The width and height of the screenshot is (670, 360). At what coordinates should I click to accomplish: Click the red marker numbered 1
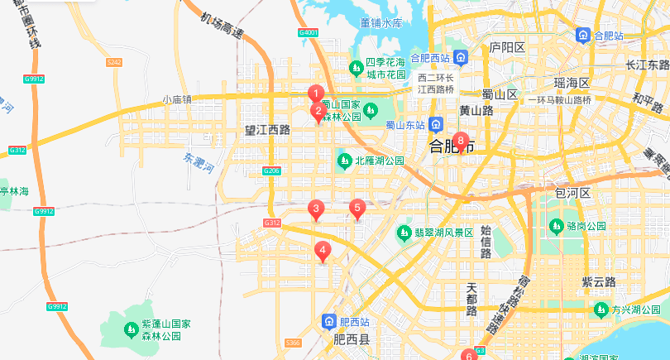pos(314,94)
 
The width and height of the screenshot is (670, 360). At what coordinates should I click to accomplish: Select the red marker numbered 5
pos(357,208)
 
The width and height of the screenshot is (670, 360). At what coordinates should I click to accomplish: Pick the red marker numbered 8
pos(461,142)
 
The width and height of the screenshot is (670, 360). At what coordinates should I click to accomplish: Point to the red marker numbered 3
pos(314,209)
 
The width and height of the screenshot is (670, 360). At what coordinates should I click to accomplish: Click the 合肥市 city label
pos(451,147)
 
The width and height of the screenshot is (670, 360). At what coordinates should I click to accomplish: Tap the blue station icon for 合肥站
pos(583,36)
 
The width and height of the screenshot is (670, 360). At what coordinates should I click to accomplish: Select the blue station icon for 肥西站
pos(328,321)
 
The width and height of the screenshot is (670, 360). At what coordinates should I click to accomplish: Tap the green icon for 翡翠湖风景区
pos(404,232)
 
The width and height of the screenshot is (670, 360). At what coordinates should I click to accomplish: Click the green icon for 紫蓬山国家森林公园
pos(131,330)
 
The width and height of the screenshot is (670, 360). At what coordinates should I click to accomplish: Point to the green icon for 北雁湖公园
pos(345,160)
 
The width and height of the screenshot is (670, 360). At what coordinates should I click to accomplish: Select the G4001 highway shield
pos(308,33)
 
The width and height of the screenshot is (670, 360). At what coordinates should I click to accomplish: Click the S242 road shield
pos(114,62)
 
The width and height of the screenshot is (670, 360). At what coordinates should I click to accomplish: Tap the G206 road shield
pos(271,170)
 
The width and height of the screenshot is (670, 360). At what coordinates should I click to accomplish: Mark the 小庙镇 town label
pos(176,99)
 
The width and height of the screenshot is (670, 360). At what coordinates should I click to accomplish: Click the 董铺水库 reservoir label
pos(380,23)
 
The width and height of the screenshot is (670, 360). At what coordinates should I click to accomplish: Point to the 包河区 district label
pos(571,193)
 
